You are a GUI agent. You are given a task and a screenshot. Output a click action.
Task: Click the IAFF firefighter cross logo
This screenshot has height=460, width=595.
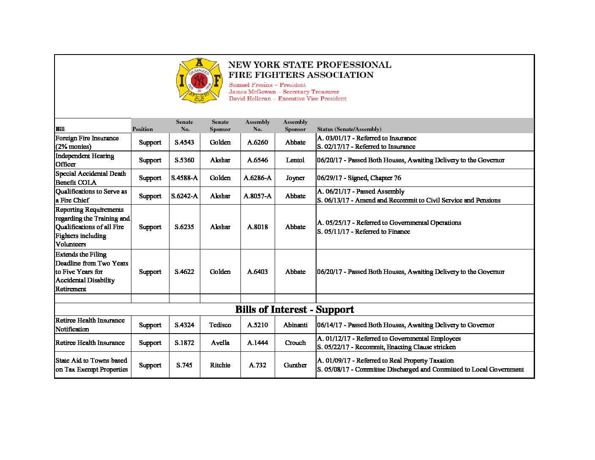click(199, 81)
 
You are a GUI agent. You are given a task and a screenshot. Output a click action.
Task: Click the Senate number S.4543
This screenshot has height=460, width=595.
click(184, 142)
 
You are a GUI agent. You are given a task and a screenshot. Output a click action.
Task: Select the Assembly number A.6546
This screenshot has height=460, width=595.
click(257, 160)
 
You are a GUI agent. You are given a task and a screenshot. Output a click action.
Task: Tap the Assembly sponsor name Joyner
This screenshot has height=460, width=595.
click(295, 178)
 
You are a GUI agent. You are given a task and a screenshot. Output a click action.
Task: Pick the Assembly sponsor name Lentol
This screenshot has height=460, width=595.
click(295, 160)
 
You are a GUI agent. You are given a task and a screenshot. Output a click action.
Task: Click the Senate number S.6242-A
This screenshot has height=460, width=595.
click(184, 196)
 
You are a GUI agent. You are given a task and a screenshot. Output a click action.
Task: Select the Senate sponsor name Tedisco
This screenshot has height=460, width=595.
click(220, 325)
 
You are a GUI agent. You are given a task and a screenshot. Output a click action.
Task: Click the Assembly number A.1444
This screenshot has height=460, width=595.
click(257, 343)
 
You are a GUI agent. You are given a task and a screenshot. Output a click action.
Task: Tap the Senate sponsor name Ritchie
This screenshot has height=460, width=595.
click(220, 365)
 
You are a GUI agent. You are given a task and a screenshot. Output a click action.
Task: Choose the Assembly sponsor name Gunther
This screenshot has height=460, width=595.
click(295, 365)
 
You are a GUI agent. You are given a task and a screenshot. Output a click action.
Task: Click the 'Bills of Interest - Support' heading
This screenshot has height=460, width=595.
click(295, 309)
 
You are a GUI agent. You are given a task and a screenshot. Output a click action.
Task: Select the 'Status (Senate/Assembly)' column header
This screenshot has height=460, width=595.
click(349, 129)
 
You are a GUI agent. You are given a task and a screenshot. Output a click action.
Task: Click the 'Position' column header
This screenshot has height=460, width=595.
click(142, 129)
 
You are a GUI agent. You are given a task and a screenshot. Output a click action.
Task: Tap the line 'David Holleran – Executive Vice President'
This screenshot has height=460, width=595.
click(287, 99)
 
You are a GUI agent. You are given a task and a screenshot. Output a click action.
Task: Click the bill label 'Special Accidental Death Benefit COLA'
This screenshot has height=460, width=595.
click(90, 178)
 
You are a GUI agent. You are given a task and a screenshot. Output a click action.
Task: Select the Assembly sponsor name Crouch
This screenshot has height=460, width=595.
click(295, 343)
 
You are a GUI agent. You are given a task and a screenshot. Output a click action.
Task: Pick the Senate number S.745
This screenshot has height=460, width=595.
click(184, 365)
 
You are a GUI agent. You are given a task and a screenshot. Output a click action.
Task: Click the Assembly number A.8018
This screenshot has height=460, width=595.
click(257, 227)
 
